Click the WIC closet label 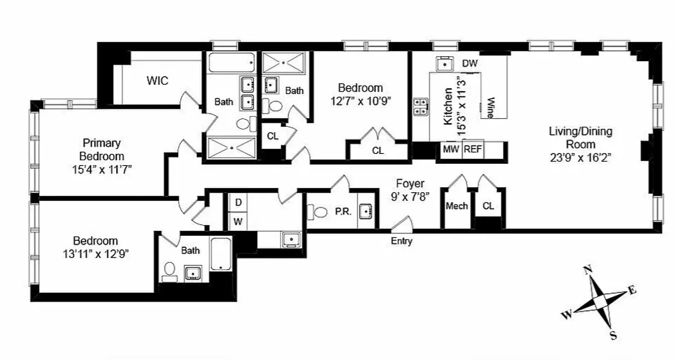tap(157, 81)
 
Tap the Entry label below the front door tap(401, 241)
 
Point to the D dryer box tap(238, 202)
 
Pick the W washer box tap(238, 221)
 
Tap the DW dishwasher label tap(470, 63)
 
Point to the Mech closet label tap(457, 206)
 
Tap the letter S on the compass tap(612, 335)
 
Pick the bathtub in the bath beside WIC tap(231, 63)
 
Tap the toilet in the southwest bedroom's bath tap(170, 271)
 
